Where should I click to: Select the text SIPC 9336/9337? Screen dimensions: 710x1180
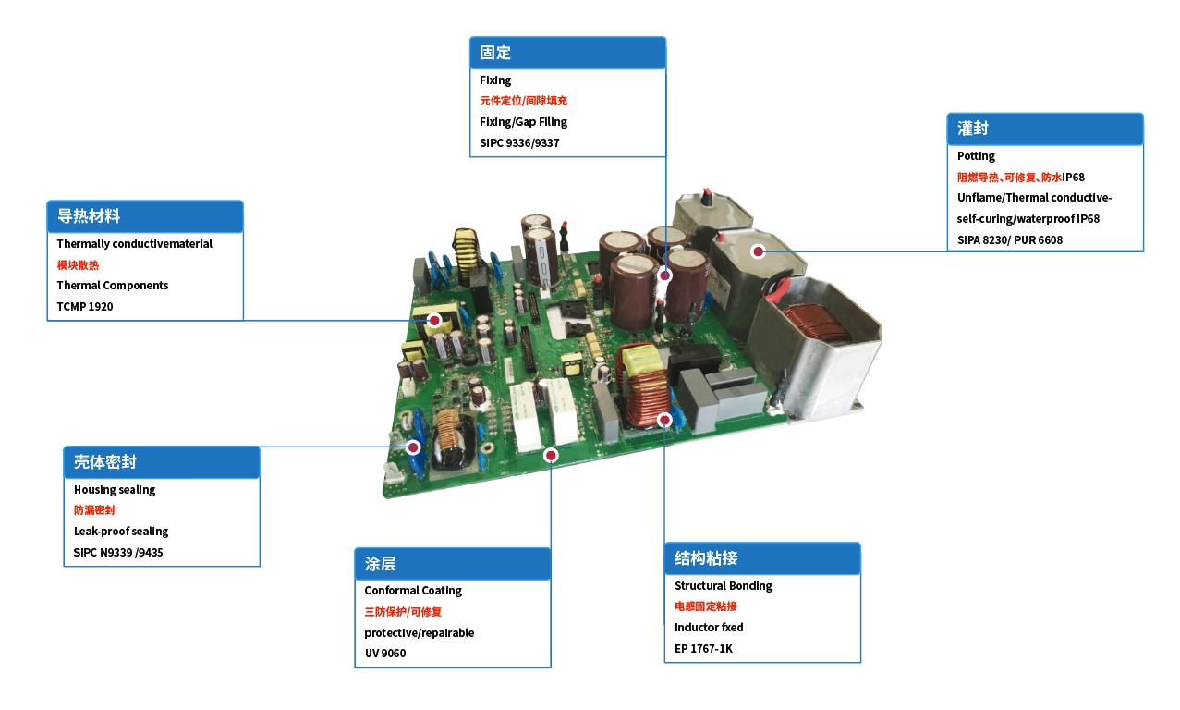click(x=519, y=143)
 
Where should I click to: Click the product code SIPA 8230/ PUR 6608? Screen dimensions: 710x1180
click(x=1010, y=240)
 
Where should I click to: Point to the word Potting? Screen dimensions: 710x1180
click(x=976, y=156)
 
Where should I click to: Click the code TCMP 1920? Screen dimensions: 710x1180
click(x=85, y=306)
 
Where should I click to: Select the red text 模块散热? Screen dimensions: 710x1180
click(x=78, y=265)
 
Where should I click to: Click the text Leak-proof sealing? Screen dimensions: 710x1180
click(x=121, y=532)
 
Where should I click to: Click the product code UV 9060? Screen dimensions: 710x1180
click(x=384, y=654)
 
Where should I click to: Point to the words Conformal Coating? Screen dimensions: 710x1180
click(x=413, y=591)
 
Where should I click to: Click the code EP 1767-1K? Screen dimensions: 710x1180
click(x=703, y=649)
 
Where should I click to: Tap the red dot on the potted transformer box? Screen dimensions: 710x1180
click(x=758, y=251)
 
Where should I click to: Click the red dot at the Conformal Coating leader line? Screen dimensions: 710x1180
click(x=551, y=455)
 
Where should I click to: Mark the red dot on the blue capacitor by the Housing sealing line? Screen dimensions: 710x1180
click(x=414, y=447)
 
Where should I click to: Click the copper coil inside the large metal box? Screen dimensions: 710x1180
click(x=818, y=324)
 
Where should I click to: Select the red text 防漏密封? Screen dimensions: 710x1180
click(x=94, y=510)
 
